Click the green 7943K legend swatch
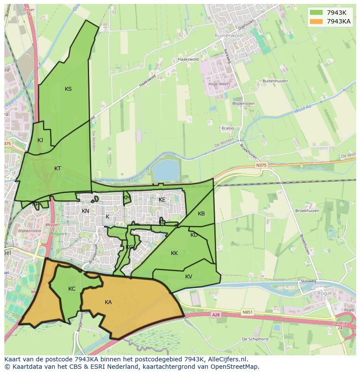tap(316, 12)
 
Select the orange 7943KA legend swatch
tap(316, 21)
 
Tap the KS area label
tap(68, 89)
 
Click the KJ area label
tap(40, 140)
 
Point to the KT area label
tap(58, 168)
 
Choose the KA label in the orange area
tap(108, 302)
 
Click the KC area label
tap(72, 289)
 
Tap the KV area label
tap(189, 277)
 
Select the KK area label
tap(174, 253)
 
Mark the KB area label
tap(201, 214)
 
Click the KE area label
tap(162, 200)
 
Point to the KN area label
tap(85, 211)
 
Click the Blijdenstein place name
tap(243, 104)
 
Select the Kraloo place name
tap(228, 129)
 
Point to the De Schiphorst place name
tap(256, 339)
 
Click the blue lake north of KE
tap(166, 170)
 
